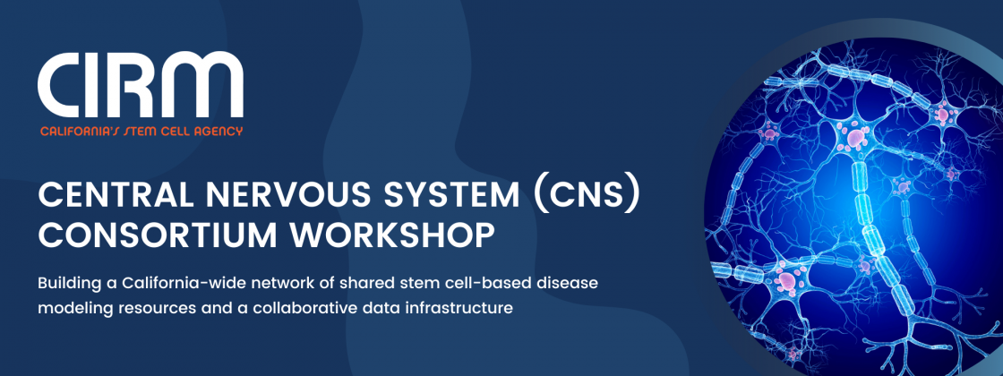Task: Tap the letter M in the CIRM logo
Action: coord(207,85)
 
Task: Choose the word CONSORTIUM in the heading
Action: coord(158,236)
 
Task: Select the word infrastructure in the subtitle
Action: coord(467,308)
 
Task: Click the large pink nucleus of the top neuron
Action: coord(856,136)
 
